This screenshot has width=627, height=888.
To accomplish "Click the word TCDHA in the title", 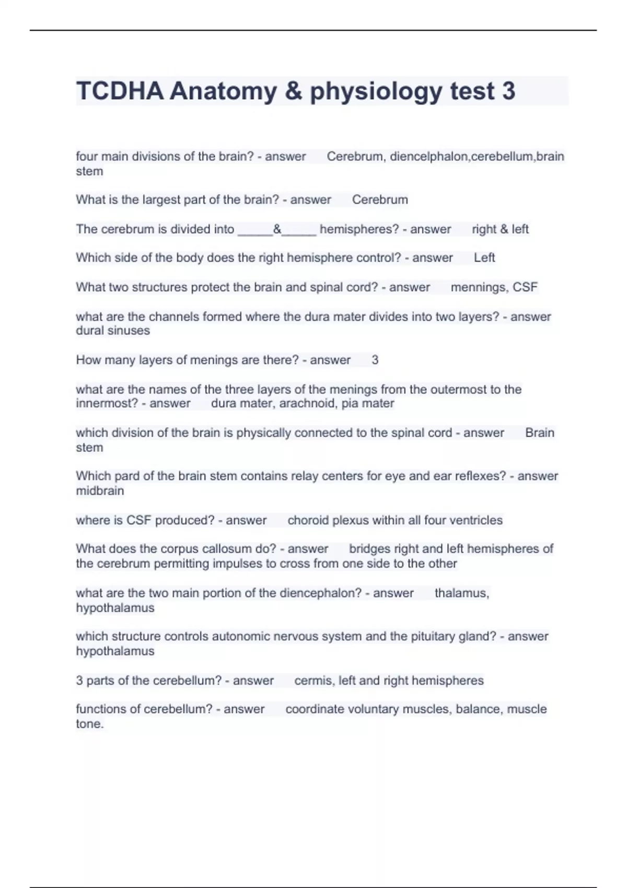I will pos(120,91).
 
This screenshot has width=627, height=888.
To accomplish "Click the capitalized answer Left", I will pos(484,258).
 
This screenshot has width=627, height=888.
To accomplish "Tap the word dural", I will pos(89,331).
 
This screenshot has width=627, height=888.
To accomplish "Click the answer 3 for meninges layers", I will pos(375,360).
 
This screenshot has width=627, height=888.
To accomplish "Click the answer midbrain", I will pos(100,491).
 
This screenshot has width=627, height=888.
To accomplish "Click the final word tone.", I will pos(89,724).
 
